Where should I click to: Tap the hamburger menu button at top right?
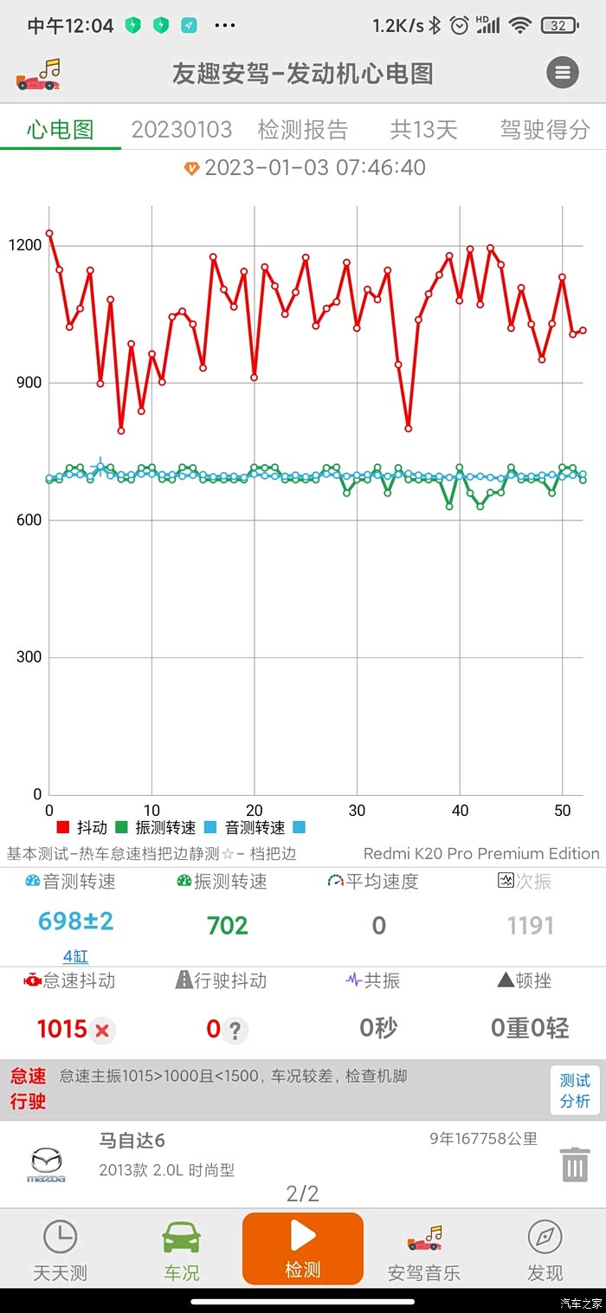563,73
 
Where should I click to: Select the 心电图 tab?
60,130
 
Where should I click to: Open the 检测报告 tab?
302,130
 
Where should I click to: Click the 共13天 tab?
423,130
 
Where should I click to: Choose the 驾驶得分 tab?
545,130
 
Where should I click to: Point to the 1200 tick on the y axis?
24,245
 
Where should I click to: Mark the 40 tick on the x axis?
460,811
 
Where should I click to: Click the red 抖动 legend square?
62,827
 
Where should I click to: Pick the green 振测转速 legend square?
121,827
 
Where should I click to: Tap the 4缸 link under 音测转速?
75,957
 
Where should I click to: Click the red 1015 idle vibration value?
62,1029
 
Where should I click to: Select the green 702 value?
228,926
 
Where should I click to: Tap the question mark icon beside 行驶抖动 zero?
235,1030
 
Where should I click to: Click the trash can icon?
575,1164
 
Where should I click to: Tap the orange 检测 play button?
303,1247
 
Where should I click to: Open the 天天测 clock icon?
60,1237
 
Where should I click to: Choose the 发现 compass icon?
545,1237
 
